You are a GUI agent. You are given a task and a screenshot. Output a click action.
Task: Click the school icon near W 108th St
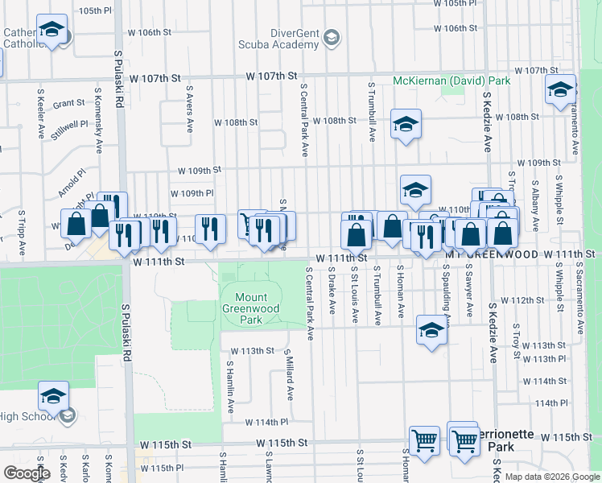pos(406,124)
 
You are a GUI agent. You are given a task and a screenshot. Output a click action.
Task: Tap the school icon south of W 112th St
pos(431,330)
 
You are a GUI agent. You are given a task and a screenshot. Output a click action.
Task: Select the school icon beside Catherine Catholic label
pos(52,31)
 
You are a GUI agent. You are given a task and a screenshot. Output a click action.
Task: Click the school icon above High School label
pos(53,396)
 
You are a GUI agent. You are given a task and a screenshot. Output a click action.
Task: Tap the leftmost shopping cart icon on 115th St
pos(424,440)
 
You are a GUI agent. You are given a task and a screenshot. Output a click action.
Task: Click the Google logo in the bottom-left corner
pos(27,473)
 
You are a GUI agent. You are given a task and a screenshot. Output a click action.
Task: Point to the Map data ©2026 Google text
pos(551,477)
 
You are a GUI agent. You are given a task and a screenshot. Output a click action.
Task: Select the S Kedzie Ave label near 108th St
pos(488,121)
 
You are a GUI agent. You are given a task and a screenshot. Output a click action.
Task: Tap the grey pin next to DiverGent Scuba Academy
pos(331,38)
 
